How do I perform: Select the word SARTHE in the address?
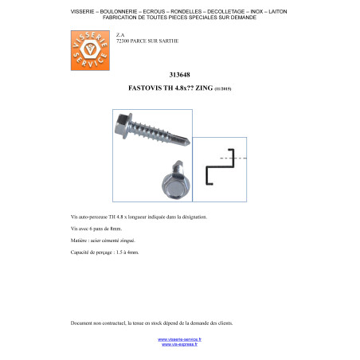coord(167,39)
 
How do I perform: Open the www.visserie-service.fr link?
coord(179,339)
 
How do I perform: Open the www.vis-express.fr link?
coord(179,345)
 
